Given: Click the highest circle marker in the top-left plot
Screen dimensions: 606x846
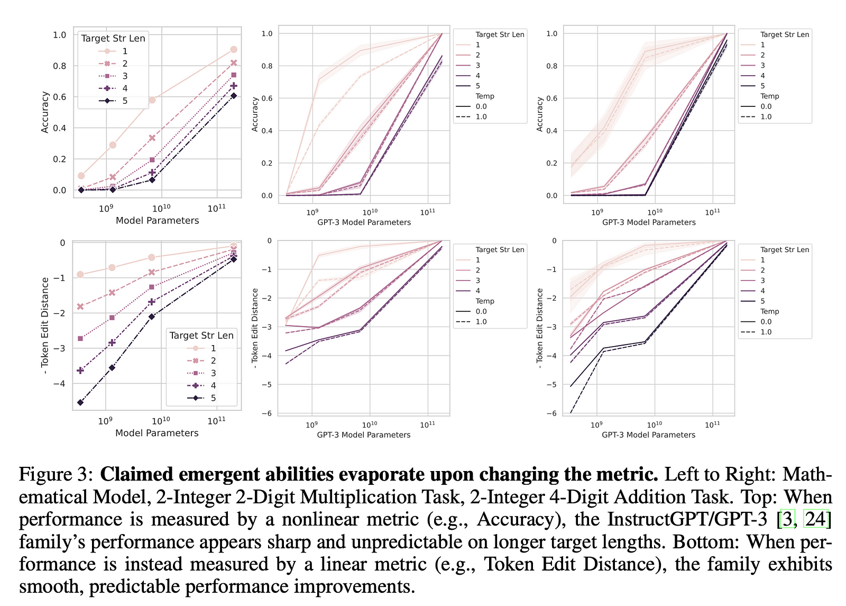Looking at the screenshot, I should click(233, 49).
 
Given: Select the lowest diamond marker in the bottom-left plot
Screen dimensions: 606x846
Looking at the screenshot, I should click(80, 402).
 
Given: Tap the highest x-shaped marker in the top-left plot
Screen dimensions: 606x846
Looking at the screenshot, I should click(233, 62).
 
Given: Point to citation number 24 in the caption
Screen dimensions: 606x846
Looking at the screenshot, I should click(815, 519).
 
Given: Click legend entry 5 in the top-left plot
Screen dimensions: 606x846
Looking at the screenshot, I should click(125, 101).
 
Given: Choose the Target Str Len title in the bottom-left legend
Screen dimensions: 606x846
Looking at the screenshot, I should click(201, 335).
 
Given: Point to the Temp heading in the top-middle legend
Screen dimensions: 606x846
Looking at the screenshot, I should click(484, 96).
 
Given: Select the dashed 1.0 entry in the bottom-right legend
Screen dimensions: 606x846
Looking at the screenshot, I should click(766, 332).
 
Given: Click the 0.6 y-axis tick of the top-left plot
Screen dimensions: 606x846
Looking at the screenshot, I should click(60, 97).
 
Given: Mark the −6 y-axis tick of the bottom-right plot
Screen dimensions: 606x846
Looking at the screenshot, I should click(554, 413).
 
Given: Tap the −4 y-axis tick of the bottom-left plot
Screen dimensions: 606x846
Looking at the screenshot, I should click(59, 383).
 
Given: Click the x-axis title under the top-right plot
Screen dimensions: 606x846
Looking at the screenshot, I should click(649, 222).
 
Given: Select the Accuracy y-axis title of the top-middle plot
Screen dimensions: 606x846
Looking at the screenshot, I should click(255, 114).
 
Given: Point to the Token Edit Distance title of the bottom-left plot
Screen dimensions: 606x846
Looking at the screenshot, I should click(45, 325).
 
